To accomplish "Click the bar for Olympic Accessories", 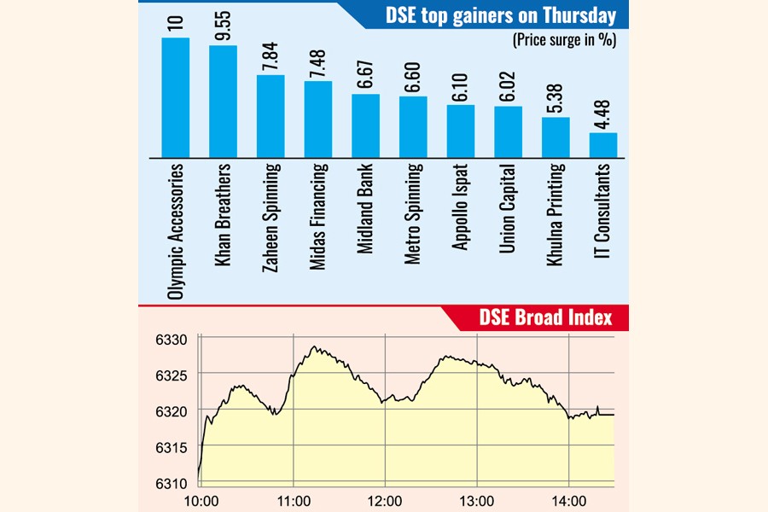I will click(175, 97).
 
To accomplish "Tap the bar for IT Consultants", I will click(603, 145).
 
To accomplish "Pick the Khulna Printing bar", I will click(556, 137).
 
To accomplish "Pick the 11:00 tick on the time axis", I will click(293, 500).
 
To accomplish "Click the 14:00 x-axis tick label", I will click(569, 500).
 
